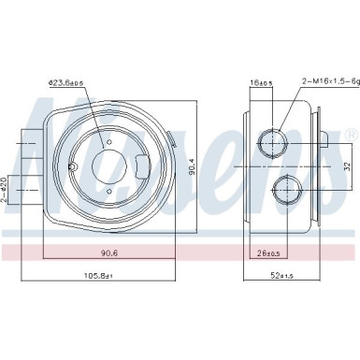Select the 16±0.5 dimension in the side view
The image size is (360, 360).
(259, 84)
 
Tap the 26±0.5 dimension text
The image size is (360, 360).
(271, 251)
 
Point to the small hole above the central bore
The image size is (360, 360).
(109, 142)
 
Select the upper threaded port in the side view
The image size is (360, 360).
(273, 143)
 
